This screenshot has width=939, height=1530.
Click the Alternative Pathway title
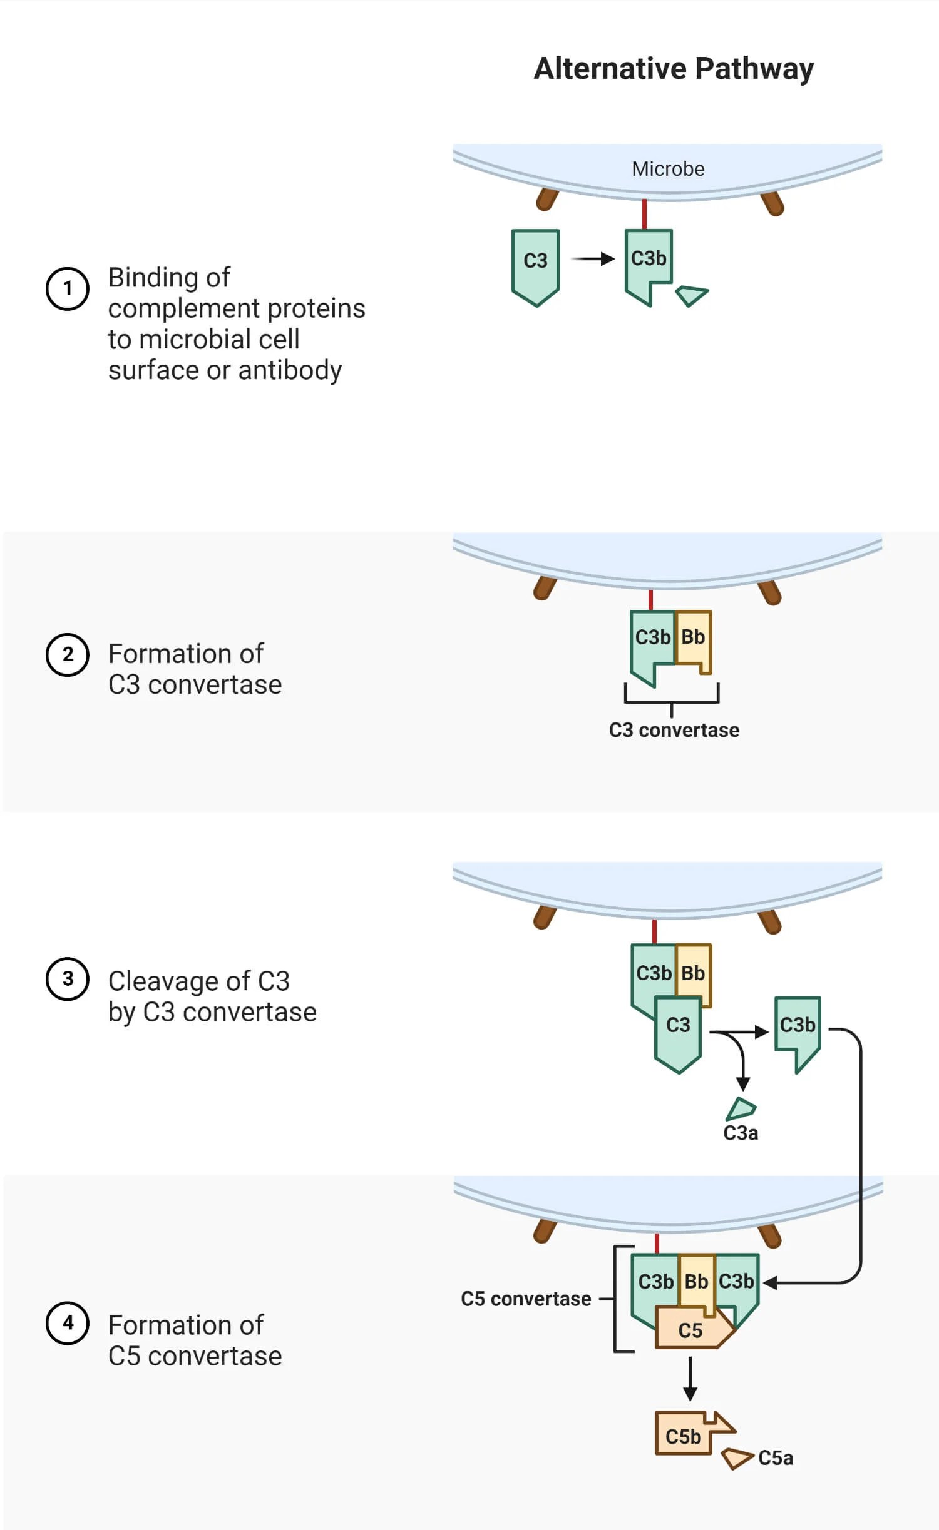point(673,69)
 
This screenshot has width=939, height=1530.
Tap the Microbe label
point(668,169)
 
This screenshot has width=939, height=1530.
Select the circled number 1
point(68,288)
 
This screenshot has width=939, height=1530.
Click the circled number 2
point(68,654)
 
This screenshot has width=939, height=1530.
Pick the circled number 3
point(68,978)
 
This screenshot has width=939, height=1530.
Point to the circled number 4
point(68,1322)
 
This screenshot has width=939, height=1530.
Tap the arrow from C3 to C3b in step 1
point(593,259)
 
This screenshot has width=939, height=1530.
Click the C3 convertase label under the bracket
point(674,730)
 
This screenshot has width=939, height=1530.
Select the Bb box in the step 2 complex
point(694,638)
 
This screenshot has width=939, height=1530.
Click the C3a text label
point(741,1133)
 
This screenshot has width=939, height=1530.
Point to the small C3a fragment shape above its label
point(741,1108)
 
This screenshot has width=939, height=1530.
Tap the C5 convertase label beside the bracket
point(526,1299)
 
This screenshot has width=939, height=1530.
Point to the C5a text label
point(776,1458)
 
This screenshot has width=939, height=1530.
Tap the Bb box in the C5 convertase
point(697,1280)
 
